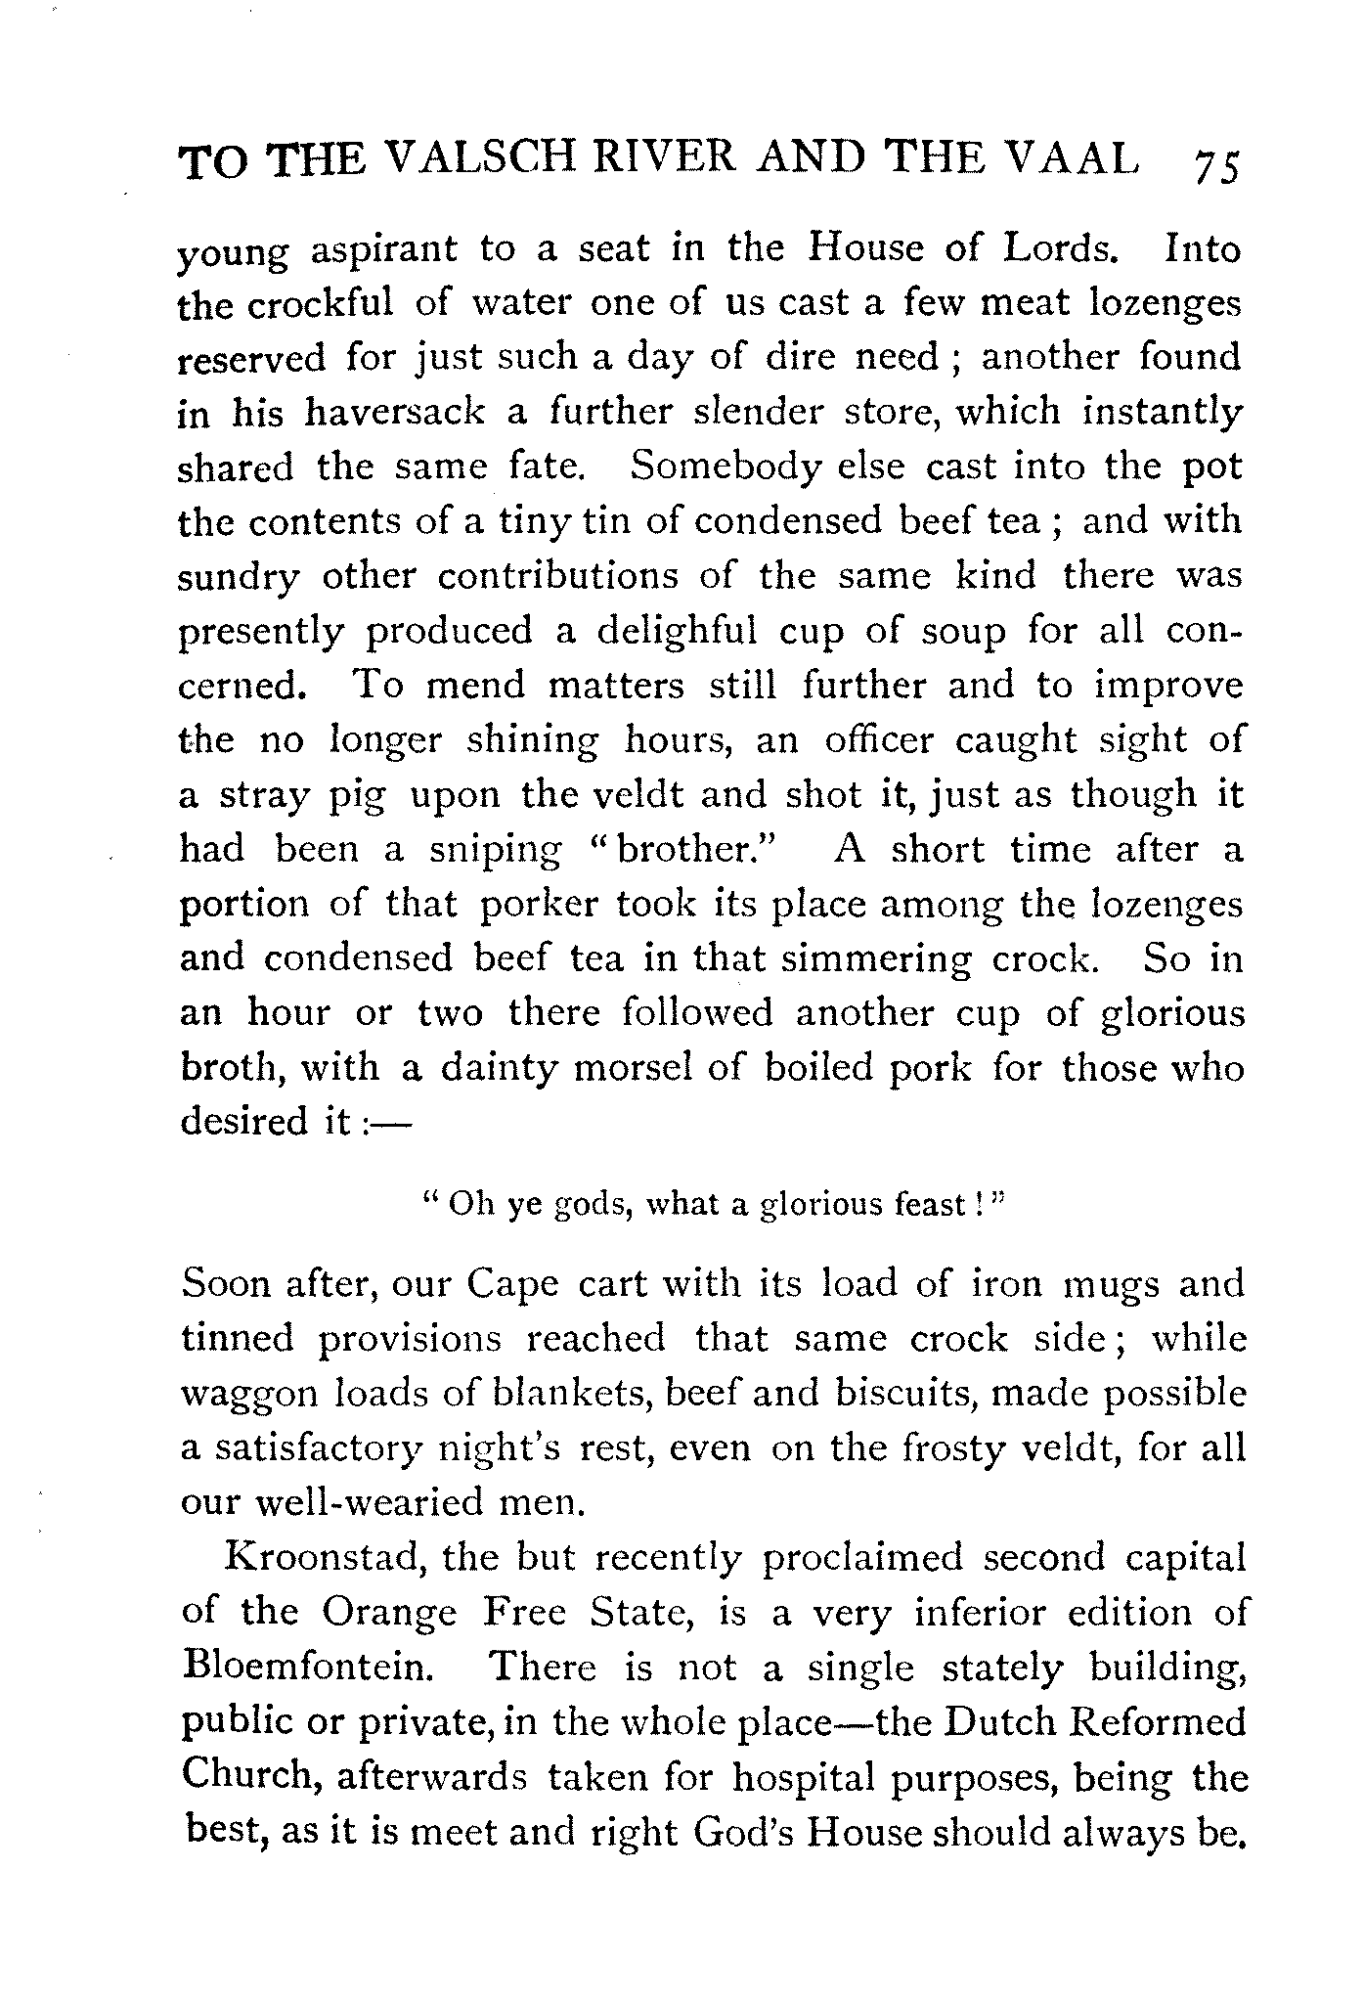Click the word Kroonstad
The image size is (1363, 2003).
pyautogui.click(x=322, y=1556)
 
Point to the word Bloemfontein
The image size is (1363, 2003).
pyautogui.click(x=307, y=1665)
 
